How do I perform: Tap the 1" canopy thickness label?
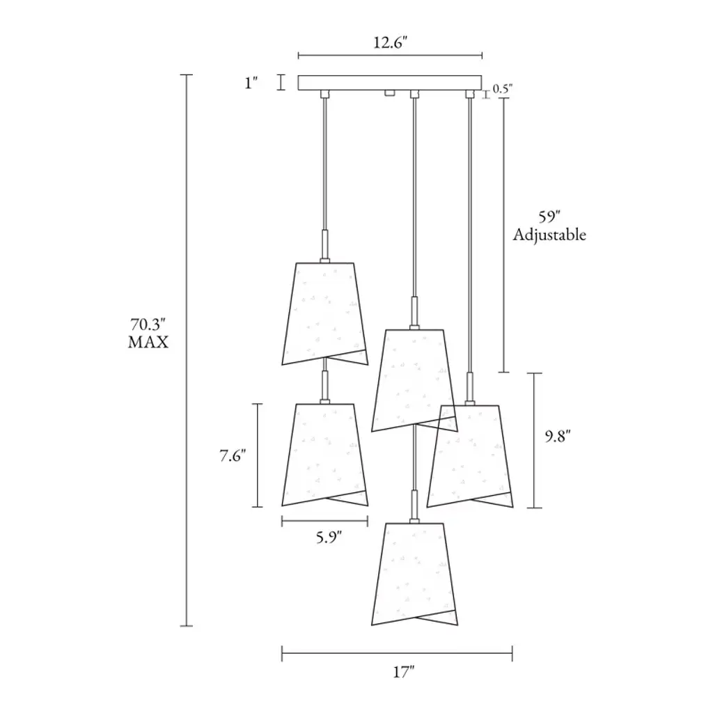pyautogui.click(x=251, y=84)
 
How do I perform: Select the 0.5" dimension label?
pyautogui.click(x=503, y=88)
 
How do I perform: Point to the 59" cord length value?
pyautogui.click(x=549, y=217)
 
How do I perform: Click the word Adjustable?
pyautogui.click(x=549, y=235)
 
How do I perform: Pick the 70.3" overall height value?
pyautogui.click(x=148, y=324)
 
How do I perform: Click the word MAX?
pyautogui.click(x=148, y=342)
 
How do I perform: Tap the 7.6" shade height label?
pyautogui.click(x=233, y=455)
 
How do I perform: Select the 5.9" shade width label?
pyautogui.click(x=329, y=538)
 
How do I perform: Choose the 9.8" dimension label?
pyautogui.click(x=558, y=437)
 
